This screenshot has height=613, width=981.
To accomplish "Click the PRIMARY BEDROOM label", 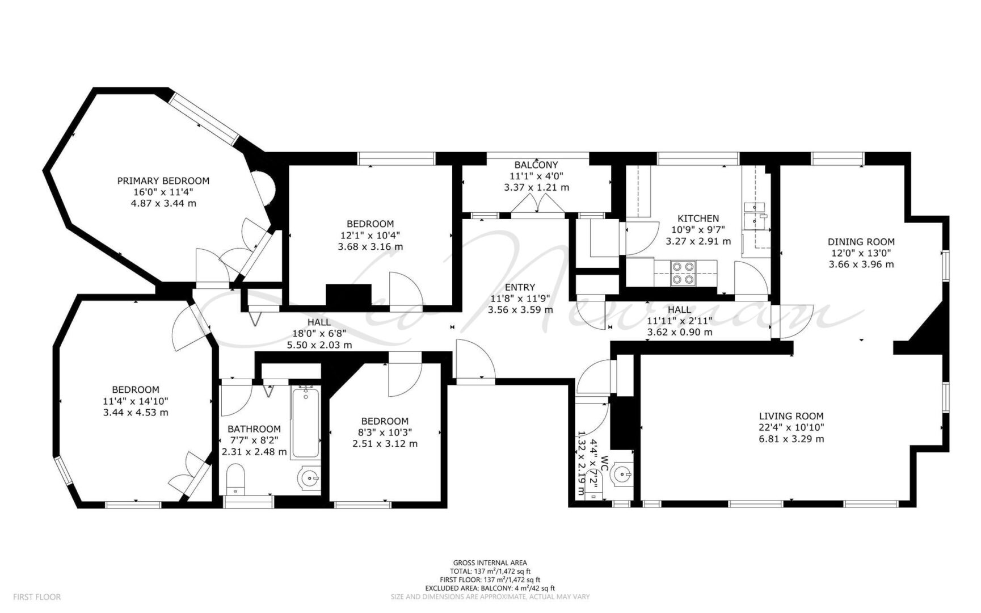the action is (163, 181).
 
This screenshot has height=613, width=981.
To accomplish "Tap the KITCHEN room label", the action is (698, 219).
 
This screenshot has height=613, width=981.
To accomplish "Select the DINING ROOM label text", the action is (861, 242).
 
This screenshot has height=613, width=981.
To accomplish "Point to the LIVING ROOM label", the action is (791, 416).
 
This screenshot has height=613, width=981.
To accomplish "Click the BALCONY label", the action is (536, 165).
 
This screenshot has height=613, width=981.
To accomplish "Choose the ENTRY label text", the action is (520, 287).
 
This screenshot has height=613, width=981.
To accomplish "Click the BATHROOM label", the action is (254, 429).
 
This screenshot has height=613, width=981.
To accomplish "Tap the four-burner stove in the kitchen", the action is (683, 272).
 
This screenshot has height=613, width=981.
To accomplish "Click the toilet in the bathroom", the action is (235, 478).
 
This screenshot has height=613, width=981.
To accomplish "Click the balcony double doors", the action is (537, 205).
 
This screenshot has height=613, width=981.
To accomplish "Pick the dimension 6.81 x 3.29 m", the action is (791, 439).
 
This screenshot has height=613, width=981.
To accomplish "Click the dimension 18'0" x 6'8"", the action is (319, 334).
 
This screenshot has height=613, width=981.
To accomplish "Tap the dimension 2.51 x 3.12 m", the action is (385, 443).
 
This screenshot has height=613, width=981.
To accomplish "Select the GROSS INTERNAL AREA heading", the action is (490, 563).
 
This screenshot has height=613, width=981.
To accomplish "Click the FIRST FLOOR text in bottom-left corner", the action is (37, 597).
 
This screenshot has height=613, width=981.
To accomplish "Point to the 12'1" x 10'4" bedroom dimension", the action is (370, 235).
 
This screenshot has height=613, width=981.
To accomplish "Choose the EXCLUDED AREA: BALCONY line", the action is (490, 588).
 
